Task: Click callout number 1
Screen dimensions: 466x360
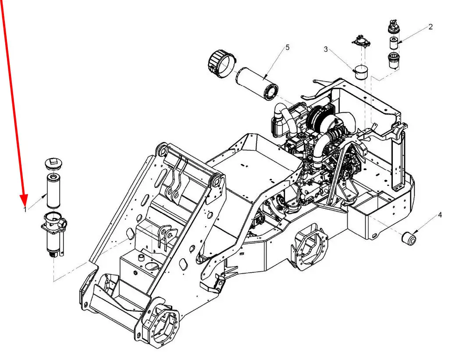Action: (x=25, y=210)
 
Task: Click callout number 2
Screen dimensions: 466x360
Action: (x=430, y=27)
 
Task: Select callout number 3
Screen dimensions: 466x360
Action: (x=326, y=50)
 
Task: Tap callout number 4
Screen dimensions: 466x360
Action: (x=440, y=215)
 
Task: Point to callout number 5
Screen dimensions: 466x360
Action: (x=287, y=47)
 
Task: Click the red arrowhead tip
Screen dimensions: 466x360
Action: (x=25, y=205)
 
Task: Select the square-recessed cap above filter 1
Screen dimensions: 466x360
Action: (x=53, y=164)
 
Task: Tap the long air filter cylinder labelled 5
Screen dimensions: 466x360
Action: (x=257, y=84)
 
